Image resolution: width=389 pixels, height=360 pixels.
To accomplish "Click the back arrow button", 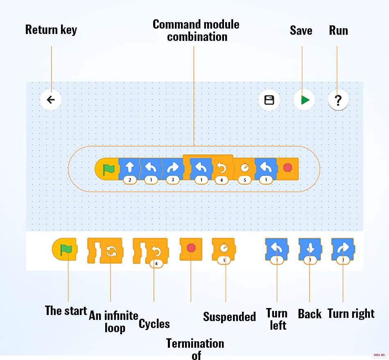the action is [51, 100].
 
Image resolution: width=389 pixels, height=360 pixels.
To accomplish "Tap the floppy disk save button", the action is [269, 100].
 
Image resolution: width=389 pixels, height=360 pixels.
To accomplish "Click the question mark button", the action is [338, 100].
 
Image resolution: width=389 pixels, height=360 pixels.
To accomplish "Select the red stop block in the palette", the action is [191, 249].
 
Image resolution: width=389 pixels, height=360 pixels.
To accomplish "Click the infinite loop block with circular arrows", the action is [105, 250].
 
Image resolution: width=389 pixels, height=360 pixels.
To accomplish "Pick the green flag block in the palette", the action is [65, 249].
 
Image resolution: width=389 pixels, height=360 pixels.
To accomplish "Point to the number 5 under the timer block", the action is [244, 180].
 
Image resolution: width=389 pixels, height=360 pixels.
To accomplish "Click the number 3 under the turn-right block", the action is [173, 180].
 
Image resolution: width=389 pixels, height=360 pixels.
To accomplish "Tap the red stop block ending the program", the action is [287, 169].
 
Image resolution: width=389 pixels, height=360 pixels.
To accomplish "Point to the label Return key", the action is [51, 30].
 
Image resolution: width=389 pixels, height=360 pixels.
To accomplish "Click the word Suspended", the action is [229, 317].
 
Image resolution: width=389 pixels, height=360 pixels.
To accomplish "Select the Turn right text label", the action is [351, 314].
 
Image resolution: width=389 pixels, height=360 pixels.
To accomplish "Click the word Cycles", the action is [154, 324].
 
